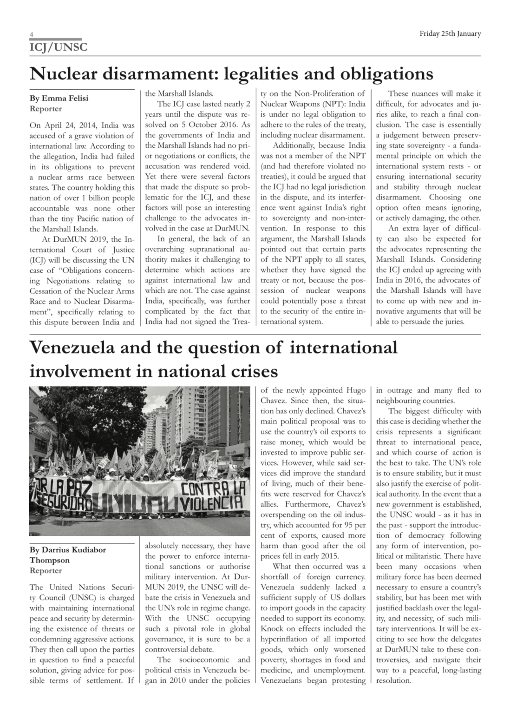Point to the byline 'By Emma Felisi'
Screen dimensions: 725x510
click(x=59, y=99)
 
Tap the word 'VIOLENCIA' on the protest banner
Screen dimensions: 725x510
click(x=212, y=503)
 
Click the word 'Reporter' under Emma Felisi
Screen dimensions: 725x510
click(x=46, y=109)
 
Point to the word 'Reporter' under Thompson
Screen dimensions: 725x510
click(x=46, y=571)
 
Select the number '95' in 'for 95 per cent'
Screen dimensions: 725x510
click(x=352, y=525)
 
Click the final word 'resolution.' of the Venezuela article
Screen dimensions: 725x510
click(x=393, y=680)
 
